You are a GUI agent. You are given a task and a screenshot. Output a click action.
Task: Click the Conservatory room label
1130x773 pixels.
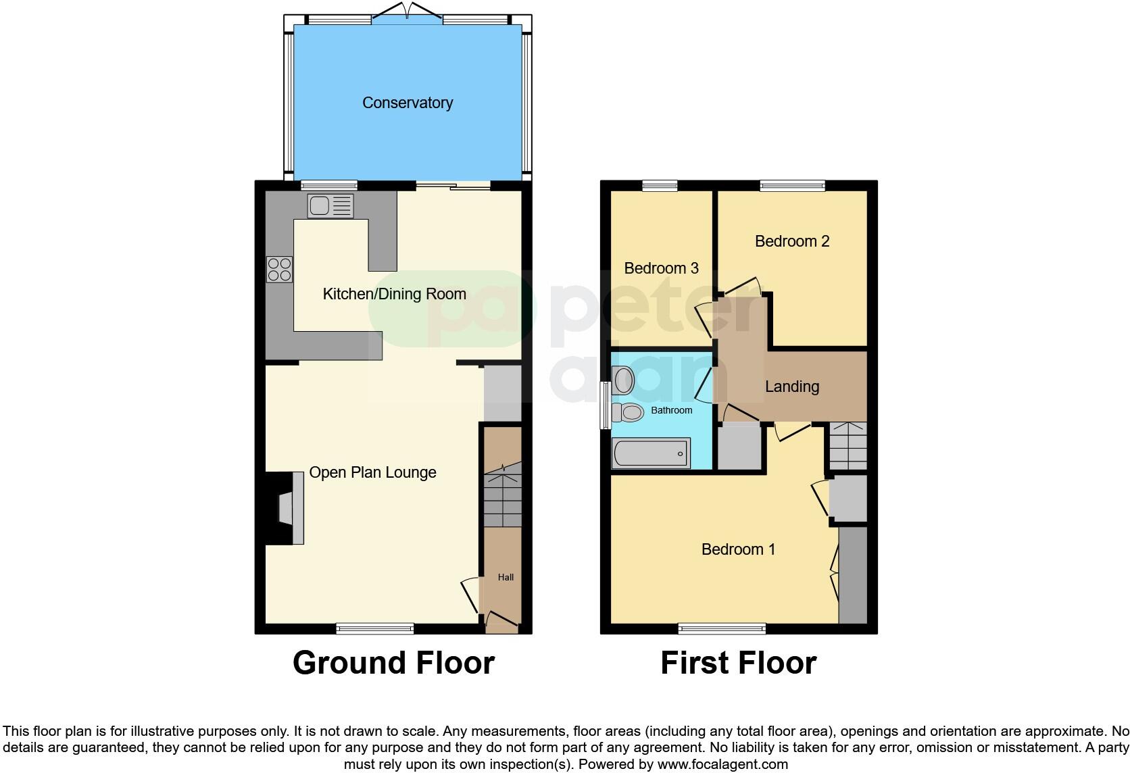[x=408, y=103]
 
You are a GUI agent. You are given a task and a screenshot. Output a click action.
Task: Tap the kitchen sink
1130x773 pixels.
[x=330, y=205]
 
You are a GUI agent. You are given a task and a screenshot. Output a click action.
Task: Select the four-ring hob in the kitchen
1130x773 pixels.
[x=279, y=270]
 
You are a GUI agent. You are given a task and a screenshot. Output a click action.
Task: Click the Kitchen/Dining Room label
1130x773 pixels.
[x=394, y=294]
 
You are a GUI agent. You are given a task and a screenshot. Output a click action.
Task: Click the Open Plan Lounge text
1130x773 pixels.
[x=372, y=472]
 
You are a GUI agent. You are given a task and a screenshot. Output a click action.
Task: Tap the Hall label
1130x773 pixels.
[x=506, y=577]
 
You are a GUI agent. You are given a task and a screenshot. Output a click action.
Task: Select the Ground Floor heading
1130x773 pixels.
[x=393, y=663]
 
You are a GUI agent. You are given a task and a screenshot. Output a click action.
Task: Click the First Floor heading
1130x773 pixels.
[x=738, y=663]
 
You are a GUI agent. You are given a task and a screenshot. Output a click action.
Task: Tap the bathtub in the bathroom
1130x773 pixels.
[x=651, y=453]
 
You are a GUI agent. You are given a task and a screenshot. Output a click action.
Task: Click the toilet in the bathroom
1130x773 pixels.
[x=629, y=412]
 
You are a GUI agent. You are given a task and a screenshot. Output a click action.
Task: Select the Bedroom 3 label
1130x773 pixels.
[x=661, y=268]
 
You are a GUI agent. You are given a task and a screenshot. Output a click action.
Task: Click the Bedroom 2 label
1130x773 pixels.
[x=791, y=241]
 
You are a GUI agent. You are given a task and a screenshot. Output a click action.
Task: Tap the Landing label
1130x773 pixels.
[x=791, y=386]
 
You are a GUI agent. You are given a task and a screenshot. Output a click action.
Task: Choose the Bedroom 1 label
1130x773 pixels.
[x=738, y=549]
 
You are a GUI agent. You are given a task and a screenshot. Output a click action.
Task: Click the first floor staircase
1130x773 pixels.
[x=847, y=446]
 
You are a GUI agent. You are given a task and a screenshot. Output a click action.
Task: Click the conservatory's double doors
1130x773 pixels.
[x=408, y=14]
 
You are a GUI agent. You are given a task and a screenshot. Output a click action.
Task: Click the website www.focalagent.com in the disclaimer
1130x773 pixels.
[x=722, y=765]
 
